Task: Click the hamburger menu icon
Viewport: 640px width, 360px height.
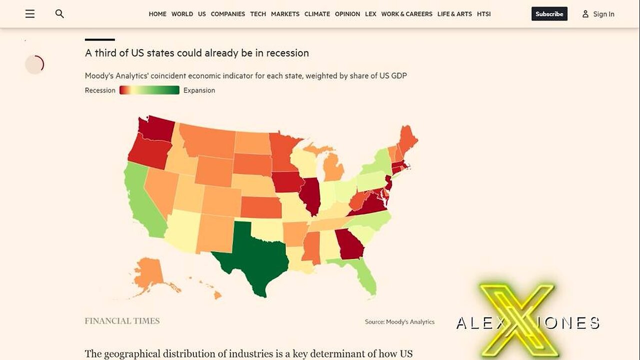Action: coord(30,14)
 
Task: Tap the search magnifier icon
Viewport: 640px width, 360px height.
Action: coord(59,14)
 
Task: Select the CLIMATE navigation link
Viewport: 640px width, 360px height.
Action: coord(317,14)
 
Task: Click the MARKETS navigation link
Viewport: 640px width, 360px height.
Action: coord(285,14)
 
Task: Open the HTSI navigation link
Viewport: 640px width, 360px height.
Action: coord(483,14)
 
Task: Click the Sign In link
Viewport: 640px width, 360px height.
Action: coord(598,14)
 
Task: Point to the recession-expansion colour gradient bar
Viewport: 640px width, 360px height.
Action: coord(149,90)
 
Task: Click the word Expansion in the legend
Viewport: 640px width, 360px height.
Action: coord(199,90)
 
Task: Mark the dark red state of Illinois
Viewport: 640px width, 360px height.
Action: coord(311,195)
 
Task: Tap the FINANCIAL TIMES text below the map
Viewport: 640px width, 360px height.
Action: coord(122,321)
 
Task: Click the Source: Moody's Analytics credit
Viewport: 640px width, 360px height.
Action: coord(399,322)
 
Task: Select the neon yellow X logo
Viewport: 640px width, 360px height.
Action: coord(517,320)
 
